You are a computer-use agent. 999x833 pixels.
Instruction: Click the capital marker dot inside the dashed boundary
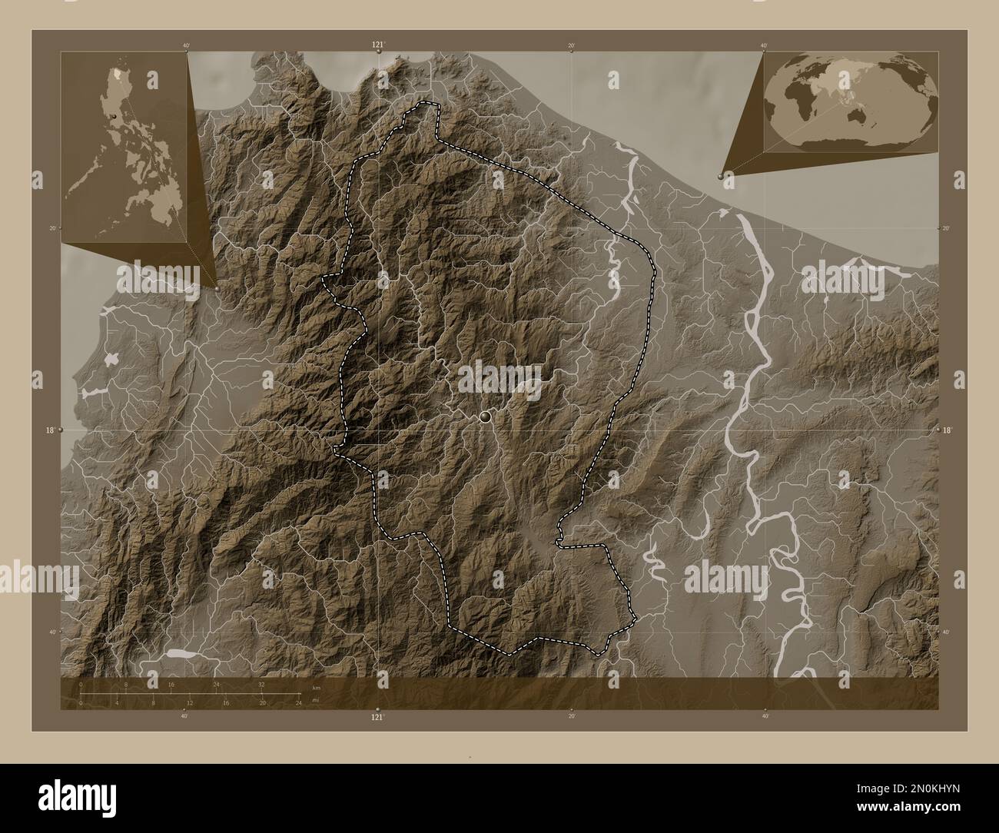point(484,416)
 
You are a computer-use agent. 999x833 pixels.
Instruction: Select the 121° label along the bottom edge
point(377,717)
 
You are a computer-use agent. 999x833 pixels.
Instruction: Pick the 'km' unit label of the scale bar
point(316,687)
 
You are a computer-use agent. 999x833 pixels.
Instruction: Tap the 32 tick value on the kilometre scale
point(262,683)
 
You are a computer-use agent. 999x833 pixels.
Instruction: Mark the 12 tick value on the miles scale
point(190,702)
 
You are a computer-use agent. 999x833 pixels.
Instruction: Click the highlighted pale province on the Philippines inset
point(117,75)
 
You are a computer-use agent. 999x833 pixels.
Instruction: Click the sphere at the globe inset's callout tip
point(721,176)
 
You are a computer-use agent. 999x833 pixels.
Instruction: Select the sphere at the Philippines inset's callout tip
point(217,288)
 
